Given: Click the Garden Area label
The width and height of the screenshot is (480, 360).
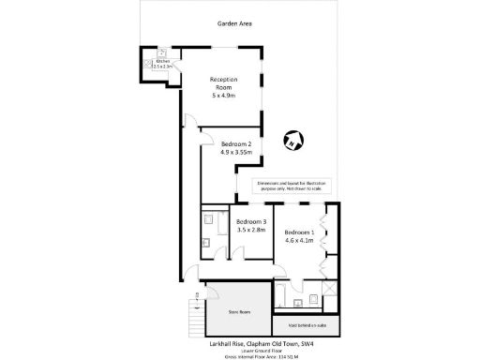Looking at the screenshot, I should pyautogui.click(x=233, y=23).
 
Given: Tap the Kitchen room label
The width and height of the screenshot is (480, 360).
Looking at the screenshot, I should pyautogui.click(x=162, y=60).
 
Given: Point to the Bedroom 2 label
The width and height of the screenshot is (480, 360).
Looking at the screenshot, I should pyautogui.click(x=237, y=142).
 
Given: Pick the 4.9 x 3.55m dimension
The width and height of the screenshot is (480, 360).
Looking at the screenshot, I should pyautogui.click(x=237, y=152).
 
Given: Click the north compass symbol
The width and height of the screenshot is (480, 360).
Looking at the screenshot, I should pyautogui.click(x=292, y=142).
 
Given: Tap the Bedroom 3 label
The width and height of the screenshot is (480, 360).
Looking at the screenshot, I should pyautogui.click(x=252, y=221).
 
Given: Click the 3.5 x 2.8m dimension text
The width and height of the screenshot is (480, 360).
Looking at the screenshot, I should pyautogui.click(x=252, y=230).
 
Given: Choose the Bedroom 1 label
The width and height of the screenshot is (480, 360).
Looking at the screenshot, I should pyautogui.click(x=299, y=232).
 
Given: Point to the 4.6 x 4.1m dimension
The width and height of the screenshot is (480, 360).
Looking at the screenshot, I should pyautogui.click(x=299, y=241).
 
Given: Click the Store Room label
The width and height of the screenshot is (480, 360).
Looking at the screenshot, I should pyautogui.click(x=239, y=312).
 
